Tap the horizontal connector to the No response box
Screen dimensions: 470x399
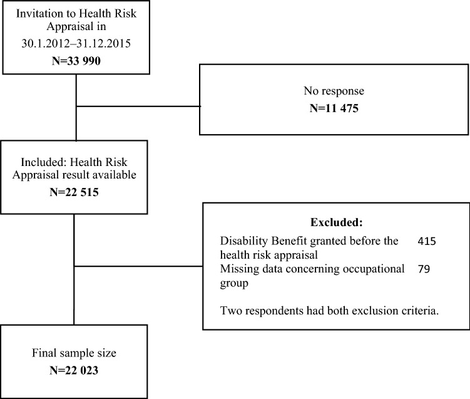(138, 106)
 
